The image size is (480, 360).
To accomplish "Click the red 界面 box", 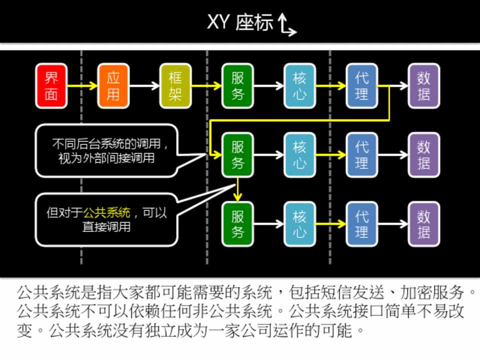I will click(x=51, y=86).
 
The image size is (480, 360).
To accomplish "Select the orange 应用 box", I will click(x=113, y=86).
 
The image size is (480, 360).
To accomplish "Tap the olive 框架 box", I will click(x=175, y=86).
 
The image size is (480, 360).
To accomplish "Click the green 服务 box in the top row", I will click(x=237, y=86).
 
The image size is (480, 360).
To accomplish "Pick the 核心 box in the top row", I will click(x=299, y=86).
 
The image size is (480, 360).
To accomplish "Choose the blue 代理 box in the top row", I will click(x=361, y=86).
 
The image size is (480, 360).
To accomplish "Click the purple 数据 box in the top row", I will click(x=424, y=86).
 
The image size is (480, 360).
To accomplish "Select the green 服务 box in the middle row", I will click(x=237, y=155).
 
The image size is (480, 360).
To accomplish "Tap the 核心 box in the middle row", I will click(x=299, y=155).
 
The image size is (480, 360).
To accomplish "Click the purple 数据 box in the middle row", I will click(x=424, y=155).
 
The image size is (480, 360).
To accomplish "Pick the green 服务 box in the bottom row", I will click(x=237, y=224).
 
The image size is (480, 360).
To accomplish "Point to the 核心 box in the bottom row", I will click(x=299, y=224).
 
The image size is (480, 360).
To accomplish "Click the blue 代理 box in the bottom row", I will click(x=361, y=224).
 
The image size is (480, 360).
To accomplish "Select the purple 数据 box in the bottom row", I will click(x=424, y=224).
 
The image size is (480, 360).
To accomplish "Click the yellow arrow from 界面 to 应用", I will click(x=82, y=86).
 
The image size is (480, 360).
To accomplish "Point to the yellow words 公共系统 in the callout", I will click(x=107, y=212).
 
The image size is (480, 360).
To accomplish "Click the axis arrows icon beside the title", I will click(x=287, y=25).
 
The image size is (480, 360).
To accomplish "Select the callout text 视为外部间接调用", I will click(x=106, y=158).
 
